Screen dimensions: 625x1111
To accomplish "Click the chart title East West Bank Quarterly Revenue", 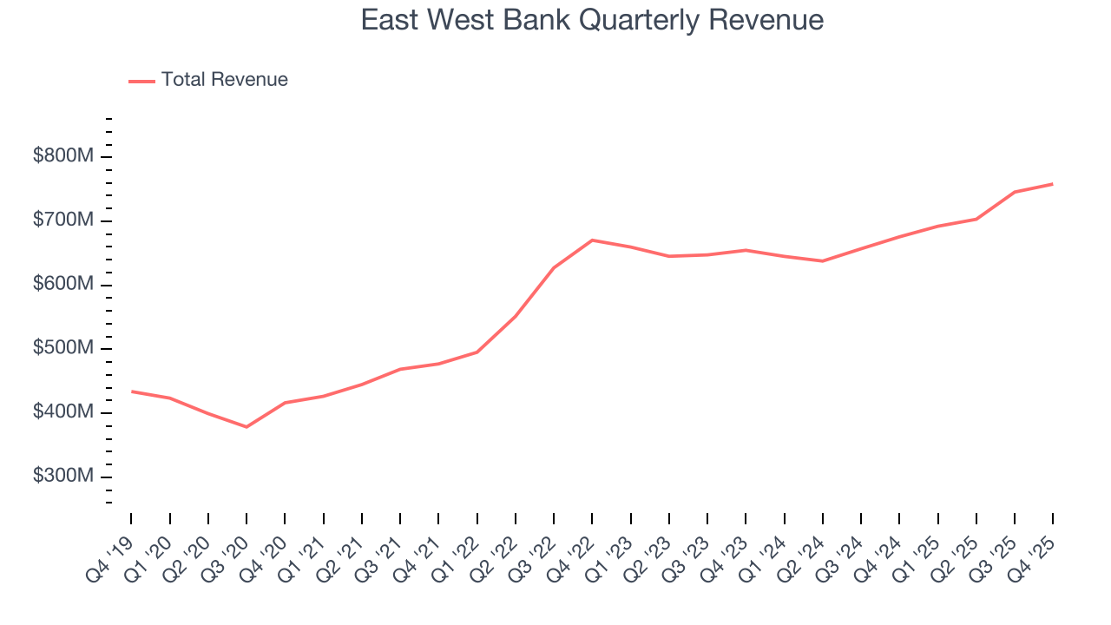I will click(x=592, y=20).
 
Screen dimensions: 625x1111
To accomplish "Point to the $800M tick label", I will click(x=63, y=157).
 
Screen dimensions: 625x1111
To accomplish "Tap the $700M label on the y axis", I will click(x=63, y=221).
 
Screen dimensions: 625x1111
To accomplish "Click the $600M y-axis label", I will click(x=63, y=286).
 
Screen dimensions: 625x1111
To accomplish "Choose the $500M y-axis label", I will click(x=63, y=349).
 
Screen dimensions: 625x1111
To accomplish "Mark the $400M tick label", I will click(x=63, y=413).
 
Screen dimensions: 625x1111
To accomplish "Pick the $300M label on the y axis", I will click(x=63, y=477).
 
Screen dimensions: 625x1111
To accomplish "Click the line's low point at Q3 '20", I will click(x=247, y=427).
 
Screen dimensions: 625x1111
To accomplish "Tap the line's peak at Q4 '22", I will click(x=592, y=240).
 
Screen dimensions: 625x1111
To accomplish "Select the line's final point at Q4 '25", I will click(x=1053, y=184).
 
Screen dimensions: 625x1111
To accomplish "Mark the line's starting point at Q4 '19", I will click(x=132, y=391).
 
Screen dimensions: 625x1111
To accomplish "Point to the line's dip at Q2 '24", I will click(x=822, y=261).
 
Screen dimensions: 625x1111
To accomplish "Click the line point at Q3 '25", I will click(x=1015, y=192).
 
